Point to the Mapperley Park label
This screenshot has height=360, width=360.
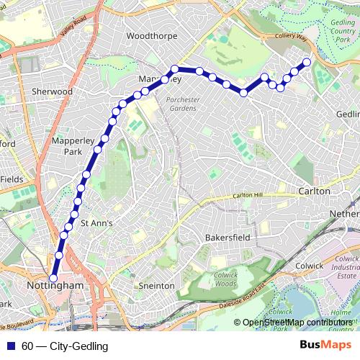[x=68, y=147]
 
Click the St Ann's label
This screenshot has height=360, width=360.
[x=96, y=223]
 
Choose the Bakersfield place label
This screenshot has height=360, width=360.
[x=227, y=236]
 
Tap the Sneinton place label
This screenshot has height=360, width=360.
[x=156, y=286]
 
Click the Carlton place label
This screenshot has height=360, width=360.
[x=313, y=192]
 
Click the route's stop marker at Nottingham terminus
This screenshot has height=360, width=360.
[x=53, y=278]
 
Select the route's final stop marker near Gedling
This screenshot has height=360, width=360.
[x=307, y=62]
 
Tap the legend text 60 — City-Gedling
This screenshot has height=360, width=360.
[x=65, y=346]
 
